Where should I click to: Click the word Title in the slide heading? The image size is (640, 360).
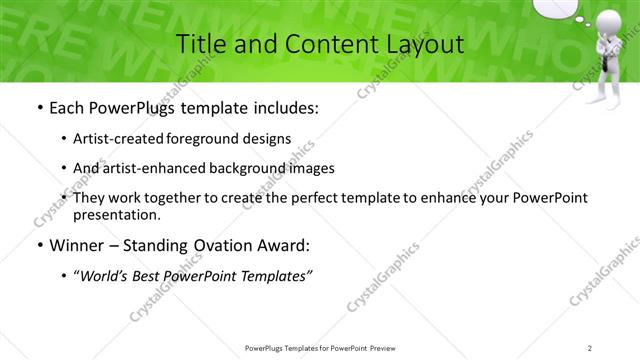click(200, 44)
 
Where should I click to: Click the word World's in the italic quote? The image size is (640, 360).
click(110, 276)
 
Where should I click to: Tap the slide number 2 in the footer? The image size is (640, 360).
click(590, 347)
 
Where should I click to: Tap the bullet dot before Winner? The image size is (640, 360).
click(39, 245)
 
